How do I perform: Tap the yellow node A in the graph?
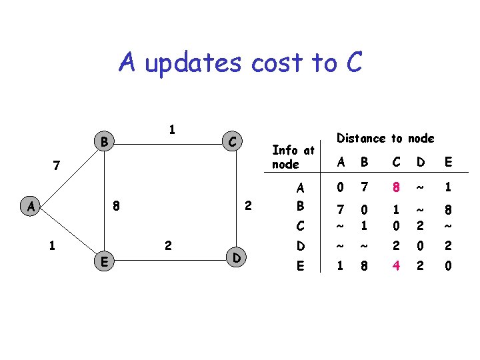[x=31, y=206]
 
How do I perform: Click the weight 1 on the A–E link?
[x=52, y=245]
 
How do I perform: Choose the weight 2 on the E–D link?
[x=168, y=246]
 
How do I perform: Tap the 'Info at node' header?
[x=293, y=157]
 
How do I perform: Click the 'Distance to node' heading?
[x=385, y=138]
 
